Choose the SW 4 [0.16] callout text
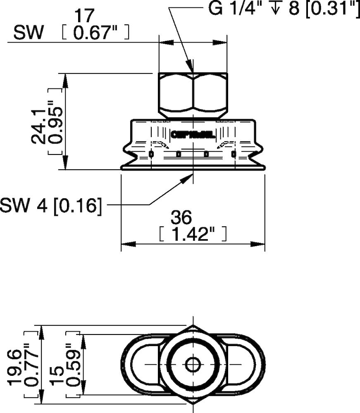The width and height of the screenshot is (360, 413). coord(50,205)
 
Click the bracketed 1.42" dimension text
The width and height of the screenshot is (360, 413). coord(193,234)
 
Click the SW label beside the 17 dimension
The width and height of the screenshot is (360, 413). coord(28,33)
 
